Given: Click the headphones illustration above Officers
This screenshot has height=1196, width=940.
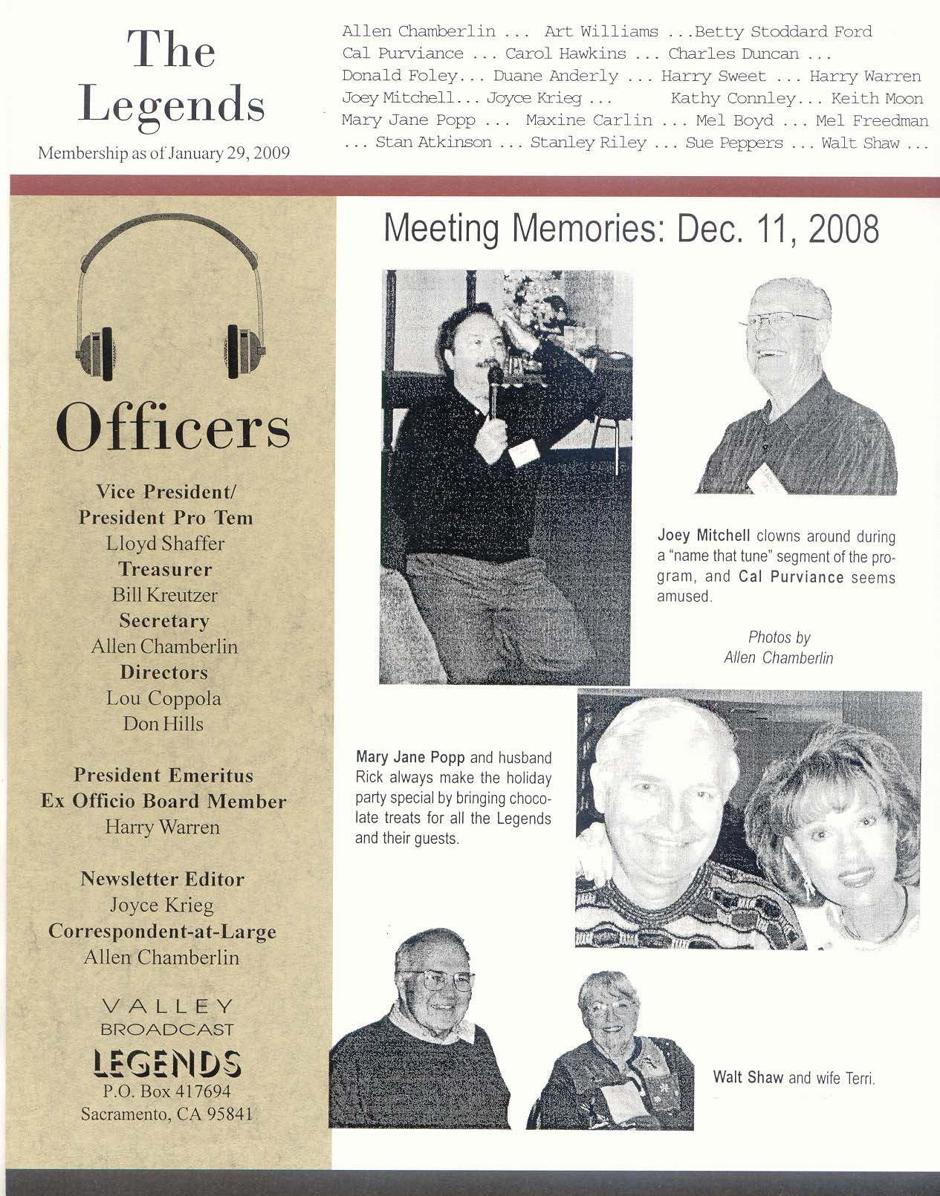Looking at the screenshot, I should pos(170,297).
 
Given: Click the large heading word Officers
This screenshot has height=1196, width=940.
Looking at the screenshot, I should pos(172,426).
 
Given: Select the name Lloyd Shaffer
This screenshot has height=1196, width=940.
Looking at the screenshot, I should pos(165,544).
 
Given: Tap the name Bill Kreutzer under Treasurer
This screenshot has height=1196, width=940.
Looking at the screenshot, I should pos(165,595).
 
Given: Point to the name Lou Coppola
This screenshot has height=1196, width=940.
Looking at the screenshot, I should pos(163,698).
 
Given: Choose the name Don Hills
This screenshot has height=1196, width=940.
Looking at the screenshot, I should pos(163,724).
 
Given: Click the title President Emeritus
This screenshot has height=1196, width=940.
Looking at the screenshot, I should pos(163,776).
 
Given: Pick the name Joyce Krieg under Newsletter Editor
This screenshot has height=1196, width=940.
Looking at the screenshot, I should pos(162,906).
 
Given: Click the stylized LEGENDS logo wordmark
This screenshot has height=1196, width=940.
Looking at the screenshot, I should pos(166,1064).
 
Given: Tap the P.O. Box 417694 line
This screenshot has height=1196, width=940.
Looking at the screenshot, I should pos(166,1091).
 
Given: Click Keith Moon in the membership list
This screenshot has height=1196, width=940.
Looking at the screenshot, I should pos(877,99).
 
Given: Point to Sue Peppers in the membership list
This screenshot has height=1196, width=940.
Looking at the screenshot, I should pos(733,143).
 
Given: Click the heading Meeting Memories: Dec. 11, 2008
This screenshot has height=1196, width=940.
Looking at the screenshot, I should pos(631,229).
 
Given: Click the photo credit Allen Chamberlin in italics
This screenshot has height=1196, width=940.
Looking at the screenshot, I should pos(778,658).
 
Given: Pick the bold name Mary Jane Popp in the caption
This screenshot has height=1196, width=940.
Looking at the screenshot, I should pos(410,758).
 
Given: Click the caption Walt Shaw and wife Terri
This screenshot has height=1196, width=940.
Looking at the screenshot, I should pos(794,1077).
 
